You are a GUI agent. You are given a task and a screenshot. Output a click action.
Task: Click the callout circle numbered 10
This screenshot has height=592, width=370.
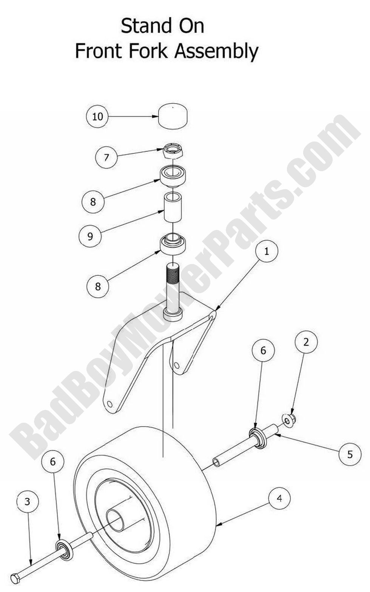tap(97, 116)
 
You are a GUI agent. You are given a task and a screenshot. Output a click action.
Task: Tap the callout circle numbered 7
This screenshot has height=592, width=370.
tap(106, 157)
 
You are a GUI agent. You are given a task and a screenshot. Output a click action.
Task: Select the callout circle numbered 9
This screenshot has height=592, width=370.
tap(90, 236)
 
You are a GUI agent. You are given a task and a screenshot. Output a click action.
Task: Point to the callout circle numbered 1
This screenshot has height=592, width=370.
tap(267, 251)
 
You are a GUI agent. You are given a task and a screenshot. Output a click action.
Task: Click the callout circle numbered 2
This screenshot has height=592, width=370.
tap(306, 342)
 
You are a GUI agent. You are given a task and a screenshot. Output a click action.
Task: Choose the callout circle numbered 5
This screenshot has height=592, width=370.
tap(350, 454)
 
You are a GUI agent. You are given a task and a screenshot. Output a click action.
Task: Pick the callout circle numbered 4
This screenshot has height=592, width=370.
tap(279, 499)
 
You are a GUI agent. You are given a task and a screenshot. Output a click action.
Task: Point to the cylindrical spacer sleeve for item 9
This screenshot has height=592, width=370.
tap(173, 208)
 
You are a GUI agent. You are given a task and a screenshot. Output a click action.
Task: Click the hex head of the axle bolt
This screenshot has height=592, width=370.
tap(15, 578)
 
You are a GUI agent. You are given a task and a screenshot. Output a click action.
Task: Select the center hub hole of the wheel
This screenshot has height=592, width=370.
tap(115, 519)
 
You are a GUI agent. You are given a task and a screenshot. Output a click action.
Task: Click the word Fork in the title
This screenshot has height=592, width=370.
tap(146, 51)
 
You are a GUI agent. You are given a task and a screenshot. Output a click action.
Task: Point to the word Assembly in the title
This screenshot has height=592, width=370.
tap(216, 52)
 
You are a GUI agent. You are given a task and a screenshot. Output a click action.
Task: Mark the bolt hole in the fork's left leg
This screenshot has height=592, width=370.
tap(109, 404)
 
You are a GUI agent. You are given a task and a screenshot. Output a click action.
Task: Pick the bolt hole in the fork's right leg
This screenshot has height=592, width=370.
tap(177, 365)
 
